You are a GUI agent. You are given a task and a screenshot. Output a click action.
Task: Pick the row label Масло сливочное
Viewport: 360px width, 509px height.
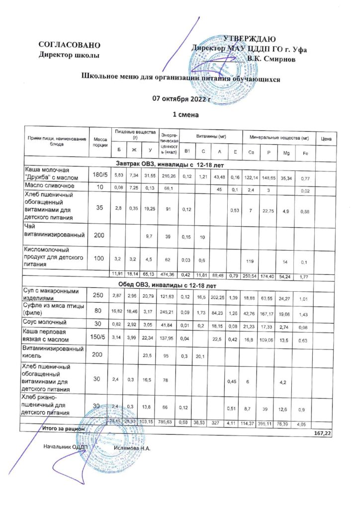point(50,185)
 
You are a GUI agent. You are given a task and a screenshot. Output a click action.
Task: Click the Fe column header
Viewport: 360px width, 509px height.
point(305,153)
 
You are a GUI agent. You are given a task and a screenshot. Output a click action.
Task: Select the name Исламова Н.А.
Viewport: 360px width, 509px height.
point(131,447)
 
